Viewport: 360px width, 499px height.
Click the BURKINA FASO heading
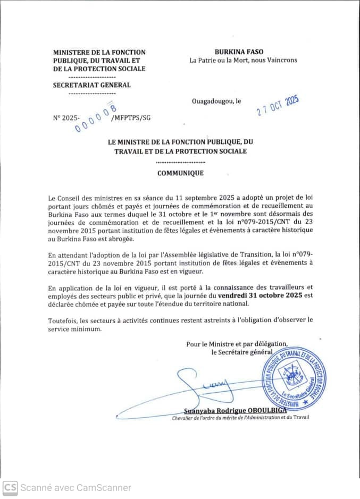point(239,52)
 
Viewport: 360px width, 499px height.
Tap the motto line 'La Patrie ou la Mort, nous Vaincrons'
point(244,60)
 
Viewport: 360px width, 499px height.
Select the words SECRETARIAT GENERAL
point(91,85)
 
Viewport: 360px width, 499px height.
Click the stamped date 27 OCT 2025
point(277,105)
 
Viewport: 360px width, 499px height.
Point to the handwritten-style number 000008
point(96,118)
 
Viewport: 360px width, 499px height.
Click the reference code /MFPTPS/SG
point(131,117)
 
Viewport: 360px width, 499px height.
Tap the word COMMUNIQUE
point(180,173)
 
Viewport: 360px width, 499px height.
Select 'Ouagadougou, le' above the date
point(216,101)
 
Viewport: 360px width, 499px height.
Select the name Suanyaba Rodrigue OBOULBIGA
point(235,410)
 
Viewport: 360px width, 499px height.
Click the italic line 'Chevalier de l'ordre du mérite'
point(240,417)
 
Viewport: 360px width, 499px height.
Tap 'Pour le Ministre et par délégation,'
point(237,344)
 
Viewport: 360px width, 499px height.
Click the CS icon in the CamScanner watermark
point(10,487)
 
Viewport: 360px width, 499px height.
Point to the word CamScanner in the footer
point(104,487)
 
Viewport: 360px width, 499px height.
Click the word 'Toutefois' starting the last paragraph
point(62,320)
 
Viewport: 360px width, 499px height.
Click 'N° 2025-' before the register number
point(66,117)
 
